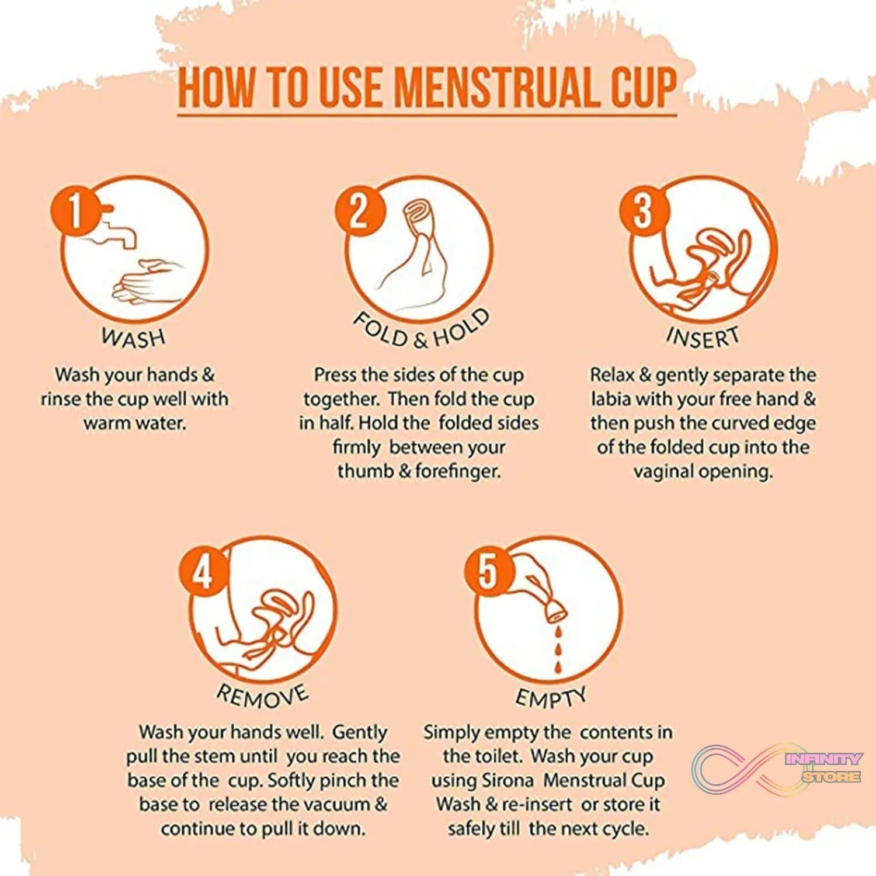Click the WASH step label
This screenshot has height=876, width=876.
(x=133, y=338)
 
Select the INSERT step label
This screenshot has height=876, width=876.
(x=703, y=338)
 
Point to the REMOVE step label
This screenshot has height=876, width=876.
(x=262, y=695)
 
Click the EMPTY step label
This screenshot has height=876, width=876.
(x=550, y=697)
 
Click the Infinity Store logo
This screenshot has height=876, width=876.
(x=777, y=768)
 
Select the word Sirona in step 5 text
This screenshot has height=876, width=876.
(x=508, y=781)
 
